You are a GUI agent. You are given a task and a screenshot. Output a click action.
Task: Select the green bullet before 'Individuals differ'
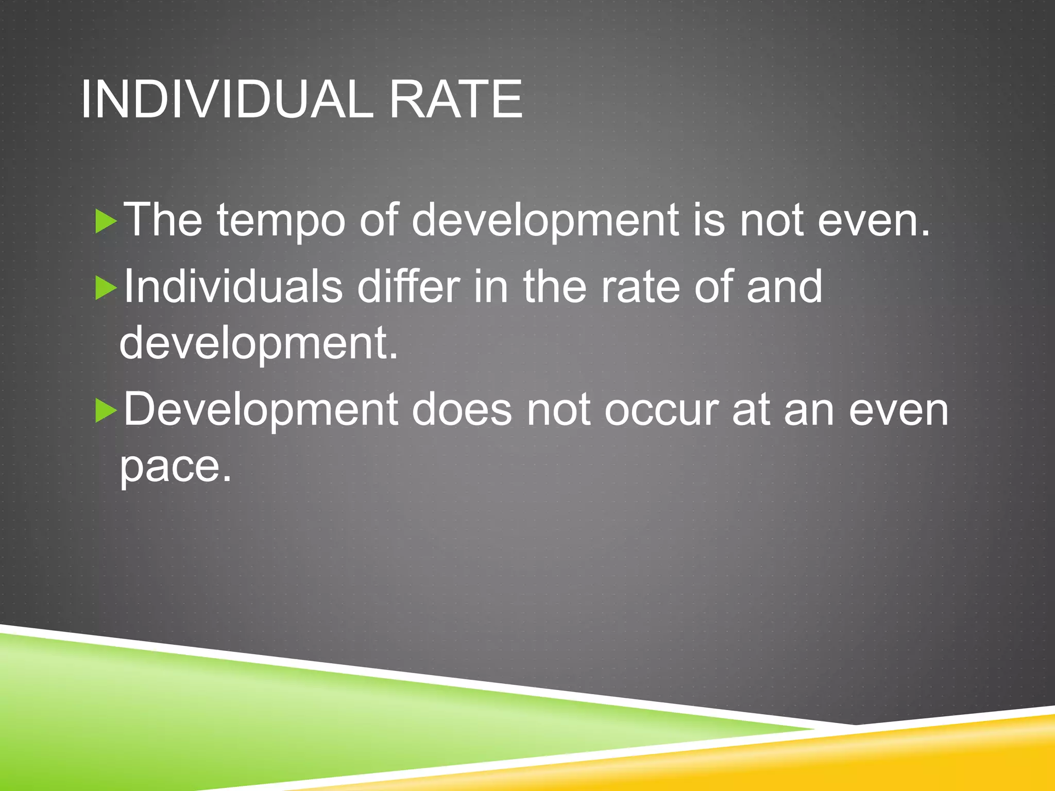pyautogui.click(x=106, y=289)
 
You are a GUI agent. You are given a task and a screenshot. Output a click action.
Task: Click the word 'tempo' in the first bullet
pyautogui.click(x=281, y=221)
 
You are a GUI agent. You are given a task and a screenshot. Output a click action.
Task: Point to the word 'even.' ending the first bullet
pyautogui.click(x=874, y=221)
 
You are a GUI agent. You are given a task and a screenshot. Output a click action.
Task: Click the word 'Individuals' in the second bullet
pyautogui.click(x=233, y=287)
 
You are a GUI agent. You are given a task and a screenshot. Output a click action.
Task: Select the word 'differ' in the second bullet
pyautogui.click(x=409, y=287)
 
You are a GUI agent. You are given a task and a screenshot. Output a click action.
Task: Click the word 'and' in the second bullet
pyautogui.click(x=784, y=287)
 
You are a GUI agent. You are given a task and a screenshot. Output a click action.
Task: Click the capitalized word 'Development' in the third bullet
pyautogui.click(x=261, y=410)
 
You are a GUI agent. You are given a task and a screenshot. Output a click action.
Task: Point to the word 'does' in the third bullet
pyautogui.click(x=462, y=410)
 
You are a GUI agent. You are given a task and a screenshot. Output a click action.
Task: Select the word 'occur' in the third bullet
pyautogui.click(x=661, y=410)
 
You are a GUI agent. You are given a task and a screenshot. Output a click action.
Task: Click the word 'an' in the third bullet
pyautogui.click(x=808, y=410)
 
